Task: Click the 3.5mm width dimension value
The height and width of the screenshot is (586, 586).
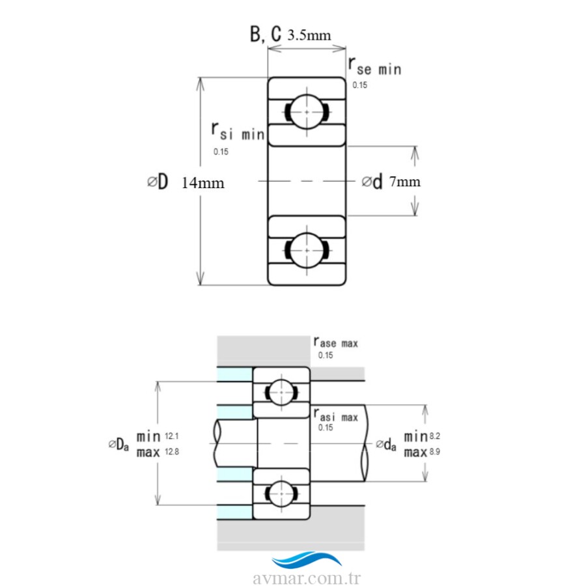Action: click(x=309, y=35)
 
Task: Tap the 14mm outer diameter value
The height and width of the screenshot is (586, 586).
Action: click(x=202, y=183)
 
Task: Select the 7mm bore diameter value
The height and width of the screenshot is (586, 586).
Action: click(x=405, y=182)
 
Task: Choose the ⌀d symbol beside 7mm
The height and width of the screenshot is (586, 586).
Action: click(x=372, y=182)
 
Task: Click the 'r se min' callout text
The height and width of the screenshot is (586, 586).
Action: click(x=375, y=66)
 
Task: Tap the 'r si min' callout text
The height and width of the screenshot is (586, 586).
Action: click(x=237, y=132)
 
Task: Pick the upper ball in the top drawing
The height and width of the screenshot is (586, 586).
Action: click(x=307, y=111)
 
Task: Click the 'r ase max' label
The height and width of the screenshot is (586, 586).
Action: click(x=335, y=342)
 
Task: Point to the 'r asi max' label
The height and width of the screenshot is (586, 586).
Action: click(x=335, y=415)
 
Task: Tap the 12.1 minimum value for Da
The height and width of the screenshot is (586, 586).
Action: click(x=172, y=434)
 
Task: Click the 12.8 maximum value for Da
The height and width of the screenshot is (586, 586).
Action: click(x=172, y=451)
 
